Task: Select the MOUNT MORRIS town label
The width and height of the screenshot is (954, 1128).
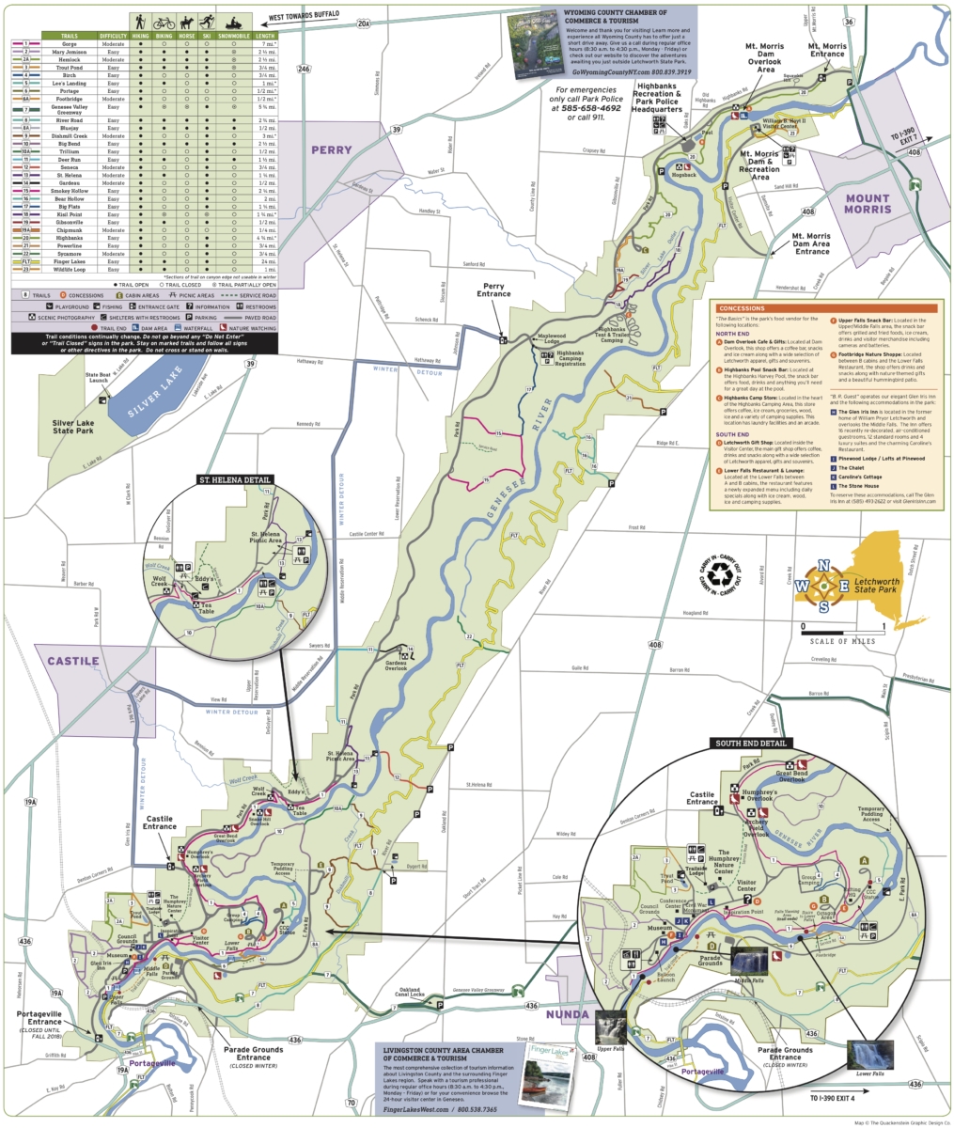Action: pos(866,203)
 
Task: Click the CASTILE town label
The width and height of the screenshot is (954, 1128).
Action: pos(73,661)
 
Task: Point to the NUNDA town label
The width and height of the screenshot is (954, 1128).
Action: pos(569,1014)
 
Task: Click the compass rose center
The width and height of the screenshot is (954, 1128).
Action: pos(823,585)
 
